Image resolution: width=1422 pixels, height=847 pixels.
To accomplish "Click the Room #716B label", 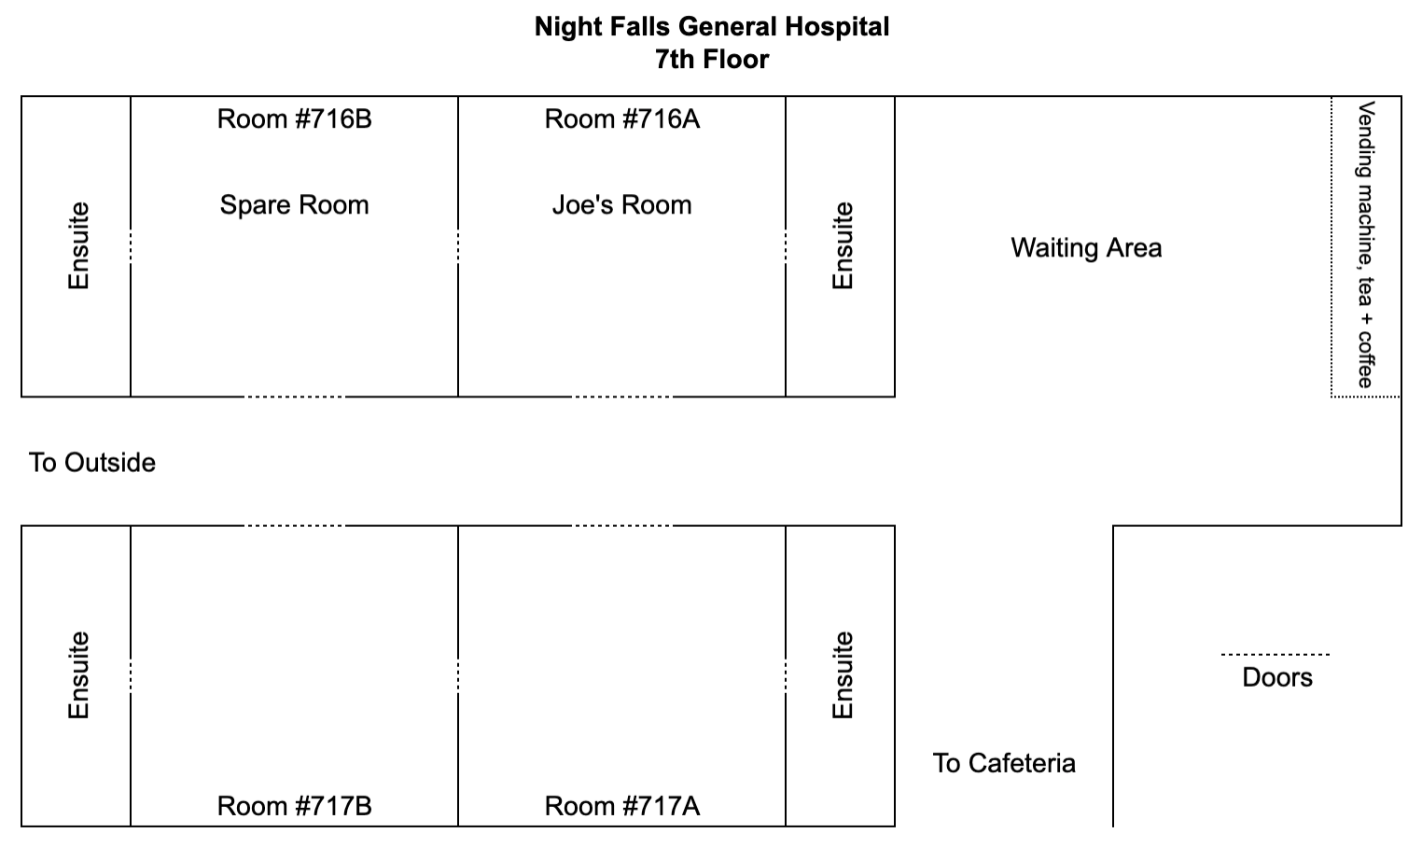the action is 294,119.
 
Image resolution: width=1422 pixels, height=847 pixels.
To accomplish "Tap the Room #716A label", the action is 622,119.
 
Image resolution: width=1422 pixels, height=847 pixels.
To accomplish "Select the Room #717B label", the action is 294,806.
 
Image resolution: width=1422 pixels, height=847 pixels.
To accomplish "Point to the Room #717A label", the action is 622,806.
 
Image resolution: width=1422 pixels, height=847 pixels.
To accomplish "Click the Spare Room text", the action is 294,205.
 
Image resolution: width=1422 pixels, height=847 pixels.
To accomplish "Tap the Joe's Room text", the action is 622,205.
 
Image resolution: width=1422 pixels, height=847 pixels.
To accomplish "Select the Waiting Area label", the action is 1086,248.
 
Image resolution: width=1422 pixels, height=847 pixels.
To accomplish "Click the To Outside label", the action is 92,464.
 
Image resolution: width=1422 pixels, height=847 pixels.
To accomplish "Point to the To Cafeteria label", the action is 1004,763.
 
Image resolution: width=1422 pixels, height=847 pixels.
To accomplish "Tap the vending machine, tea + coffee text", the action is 1365,244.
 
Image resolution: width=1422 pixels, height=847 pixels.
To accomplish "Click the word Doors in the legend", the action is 1277,677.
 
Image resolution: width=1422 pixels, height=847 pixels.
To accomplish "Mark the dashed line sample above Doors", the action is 1276,654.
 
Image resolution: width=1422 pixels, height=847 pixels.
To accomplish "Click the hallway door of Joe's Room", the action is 622,397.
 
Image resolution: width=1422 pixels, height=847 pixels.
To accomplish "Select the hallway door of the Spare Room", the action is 294,397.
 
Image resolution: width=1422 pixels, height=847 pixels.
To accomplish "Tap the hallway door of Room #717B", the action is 294,526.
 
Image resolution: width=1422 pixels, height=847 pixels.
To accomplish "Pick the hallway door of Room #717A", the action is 622,526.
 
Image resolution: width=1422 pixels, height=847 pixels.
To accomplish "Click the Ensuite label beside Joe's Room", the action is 843,246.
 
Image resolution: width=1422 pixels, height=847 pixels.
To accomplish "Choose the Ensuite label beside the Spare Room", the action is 78,246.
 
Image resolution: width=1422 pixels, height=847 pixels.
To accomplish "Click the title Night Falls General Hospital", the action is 712,27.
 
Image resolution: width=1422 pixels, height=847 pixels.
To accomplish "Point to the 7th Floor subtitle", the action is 712,60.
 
